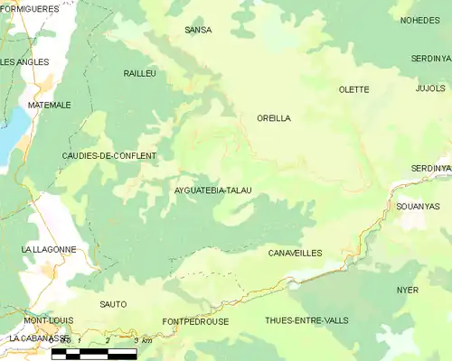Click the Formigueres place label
pyautogui.click(x=30, y=8)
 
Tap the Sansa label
pyautogui.click(x=198, y=30)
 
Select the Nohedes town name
pyautogui.click(x=419, y=19)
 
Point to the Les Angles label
pyautogui.click(x=25, y=61)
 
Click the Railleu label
pyautogui.click(x=140, y=71)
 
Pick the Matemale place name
pyautogui.click(x=49, y=105)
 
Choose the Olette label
pyautogui.click(x=353, y=89)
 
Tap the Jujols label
pyautogui.click(x=430, y=88)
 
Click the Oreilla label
pyautogui.click(x=274, y=118)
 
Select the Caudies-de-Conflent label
pyautogui.click(x=108, y=155)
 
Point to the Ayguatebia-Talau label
pyautogui.click(x=212, y=190)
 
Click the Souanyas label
pyautogui.click(x=418, y=206)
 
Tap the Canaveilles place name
pyautogui.click(x=296, y=254)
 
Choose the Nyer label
pyautogui.click(x=408, y=290)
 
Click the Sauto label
pyautogui.click(x=113, y=304)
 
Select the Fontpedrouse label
pyautogui.click(x=195, y=321)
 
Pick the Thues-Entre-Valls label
pyautogui.click(x=306, y=320)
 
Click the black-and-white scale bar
pyautogui.click(x=94, y=354)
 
